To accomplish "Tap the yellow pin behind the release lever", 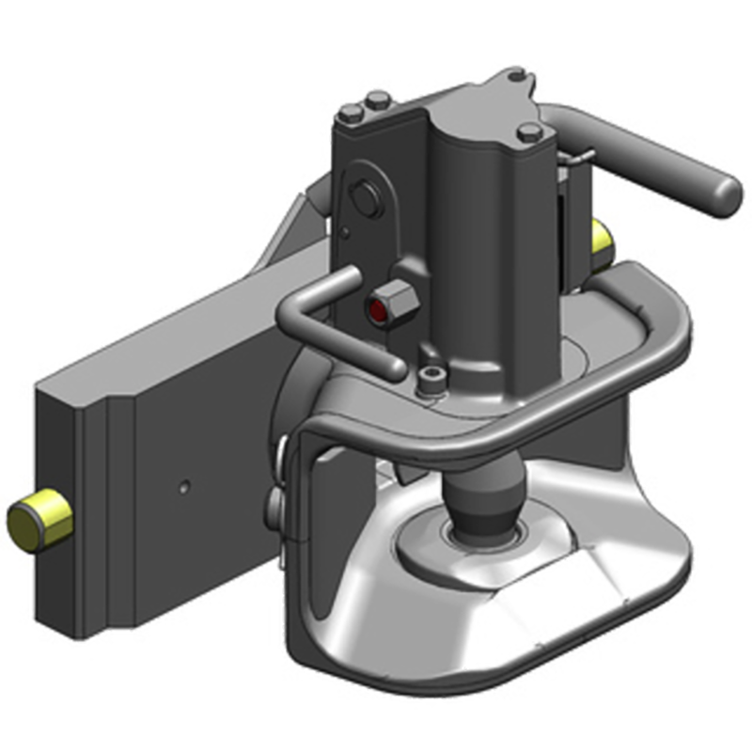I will click(x=601, y=241).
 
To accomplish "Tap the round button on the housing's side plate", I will click(x=364, y=199).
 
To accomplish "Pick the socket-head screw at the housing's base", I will click(x=431, y=379).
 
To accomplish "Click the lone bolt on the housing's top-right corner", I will click(x=529, y=132).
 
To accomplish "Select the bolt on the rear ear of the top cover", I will click(x=514, y=76).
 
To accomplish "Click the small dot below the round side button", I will click(x=346, y=231).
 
